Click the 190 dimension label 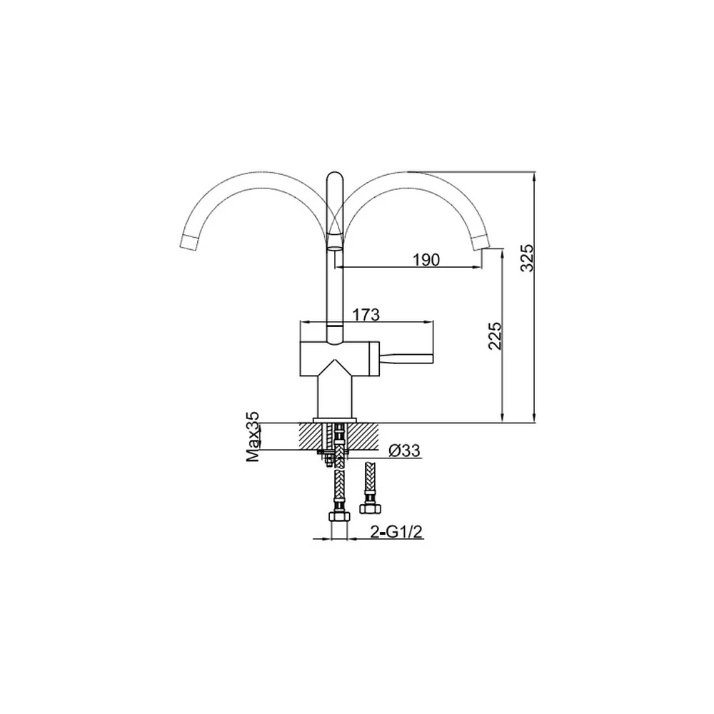tap(426, 260)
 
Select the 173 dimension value tap(366, 315)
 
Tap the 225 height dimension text tap(495, 336)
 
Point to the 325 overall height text tap(527, 258)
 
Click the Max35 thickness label tap(253, 437)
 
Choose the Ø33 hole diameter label tap(405, 451)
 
